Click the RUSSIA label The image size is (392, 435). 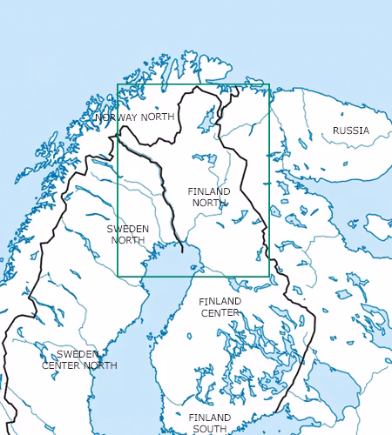(350, 130)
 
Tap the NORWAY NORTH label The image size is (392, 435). (135, 117)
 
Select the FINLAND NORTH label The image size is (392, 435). (209, 197)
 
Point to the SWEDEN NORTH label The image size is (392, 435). (128, 234)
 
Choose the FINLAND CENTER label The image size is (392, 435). (220, 306)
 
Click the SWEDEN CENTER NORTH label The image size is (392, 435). (79, 359)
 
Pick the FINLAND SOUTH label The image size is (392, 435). (210, 423)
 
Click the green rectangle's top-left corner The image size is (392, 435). (118, 85)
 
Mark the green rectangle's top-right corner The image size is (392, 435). (269, 85)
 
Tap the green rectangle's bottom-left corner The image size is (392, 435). (118, 277)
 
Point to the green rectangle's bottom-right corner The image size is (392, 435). (269, 277)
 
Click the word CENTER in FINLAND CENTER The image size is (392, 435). (220, 312)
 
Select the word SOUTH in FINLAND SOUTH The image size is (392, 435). (210, 429)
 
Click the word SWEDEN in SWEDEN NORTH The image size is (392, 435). (128, 229)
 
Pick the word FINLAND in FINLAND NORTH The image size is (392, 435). (209, 191)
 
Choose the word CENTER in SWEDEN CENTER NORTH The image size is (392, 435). (60, 365)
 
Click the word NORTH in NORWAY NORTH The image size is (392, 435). (158, 117)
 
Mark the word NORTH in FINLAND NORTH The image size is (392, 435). (209, 203)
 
